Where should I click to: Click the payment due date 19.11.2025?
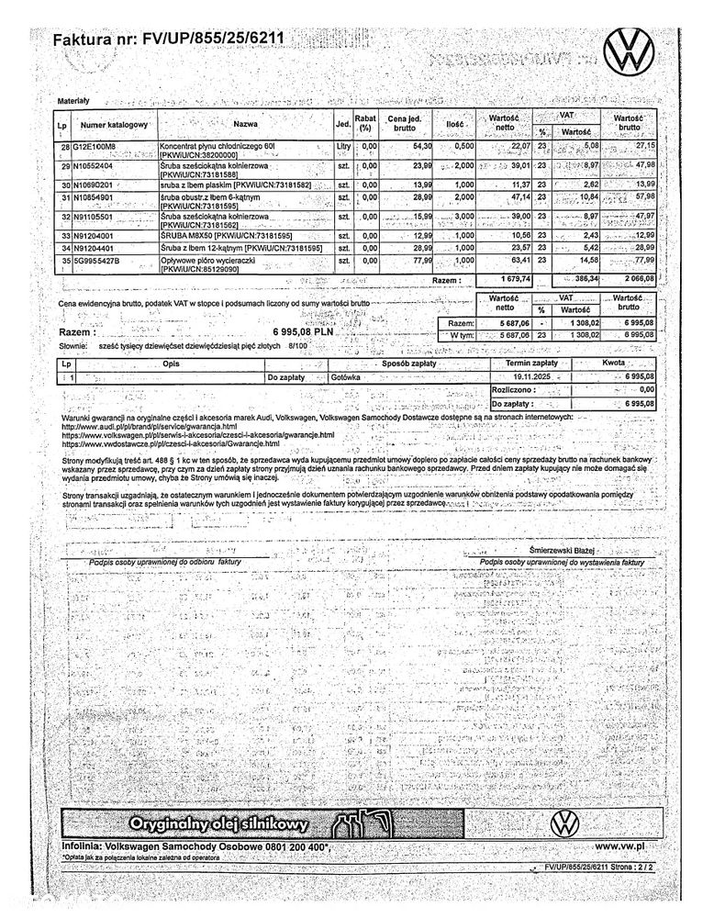[x=531, y=376]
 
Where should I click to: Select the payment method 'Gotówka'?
[x=346, y=376]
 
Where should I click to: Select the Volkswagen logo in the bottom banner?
[x=565, y=823]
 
